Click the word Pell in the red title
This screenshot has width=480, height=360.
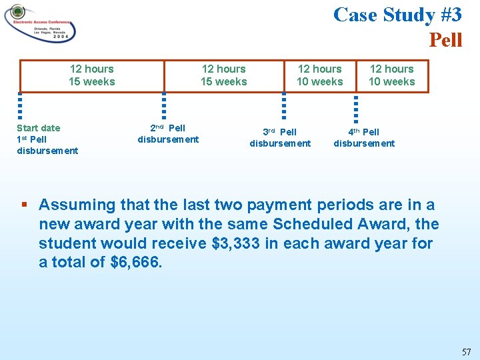pyautogui.click(x=445, y=40)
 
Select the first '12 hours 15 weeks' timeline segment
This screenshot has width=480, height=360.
pyautogui.click(x=92, y=75)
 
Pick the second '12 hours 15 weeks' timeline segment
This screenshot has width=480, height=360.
pyautogui.click(x=224, y=75)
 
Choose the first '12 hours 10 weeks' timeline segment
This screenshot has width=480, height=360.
pyautogui.click(x=320, y=75)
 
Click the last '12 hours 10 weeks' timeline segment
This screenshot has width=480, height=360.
pyautogui.click(x=392, y=75)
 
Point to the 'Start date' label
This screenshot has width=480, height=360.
pyautogui.click(x=38, y=128)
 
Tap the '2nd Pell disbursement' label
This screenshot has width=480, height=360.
pyautogui.click(x=168, y=133)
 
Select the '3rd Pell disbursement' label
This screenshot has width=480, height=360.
pyautogui.click(x=280, y=137)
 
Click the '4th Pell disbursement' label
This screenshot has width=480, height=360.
pyautogui.click(x=364, y=137)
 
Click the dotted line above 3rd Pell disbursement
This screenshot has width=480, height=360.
pyautogui.click(x=284, y=107)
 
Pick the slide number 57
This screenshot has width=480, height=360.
pyautogui.click(x=466, y=351)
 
